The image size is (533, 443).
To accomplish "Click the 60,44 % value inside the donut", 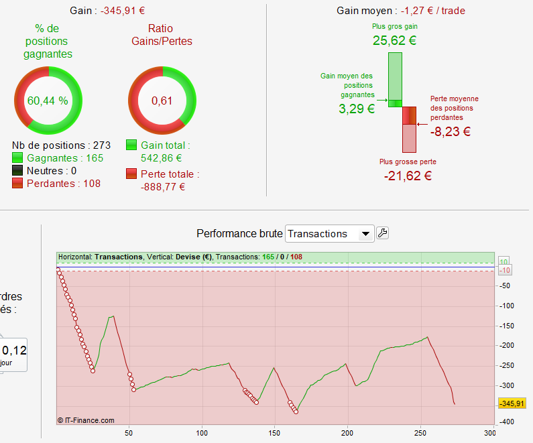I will click(48, 101).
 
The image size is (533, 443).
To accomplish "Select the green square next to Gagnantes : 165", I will click(18, 158).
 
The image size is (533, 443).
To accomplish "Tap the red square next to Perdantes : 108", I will click(18, 183).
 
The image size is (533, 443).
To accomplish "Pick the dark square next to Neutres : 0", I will click(18, 171).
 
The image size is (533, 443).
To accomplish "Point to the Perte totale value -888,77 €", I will click(163, 187).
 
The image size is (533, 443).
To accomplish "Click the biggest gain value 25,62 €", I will click(395, 40).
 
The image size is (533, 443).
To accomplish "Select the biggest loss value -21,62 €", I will click(408, 176).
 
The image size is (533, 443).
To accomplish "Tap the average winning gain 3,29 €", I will click(357, 109).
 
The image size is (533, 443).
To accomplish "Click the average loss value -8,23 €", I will click(445, 131).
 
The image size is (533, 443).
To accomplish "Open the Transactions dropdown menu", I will click(329, 233).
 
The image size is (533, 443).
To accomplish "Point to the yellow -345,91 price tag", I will click(512, 403).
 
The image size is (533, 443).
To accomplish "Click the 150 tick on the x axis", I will click(274, 433).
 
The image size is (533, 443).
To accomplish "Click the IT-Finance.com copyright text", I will click(86, 421).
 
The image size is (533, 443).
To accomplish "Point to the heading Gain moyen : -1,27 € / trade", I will click(401, 11).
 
